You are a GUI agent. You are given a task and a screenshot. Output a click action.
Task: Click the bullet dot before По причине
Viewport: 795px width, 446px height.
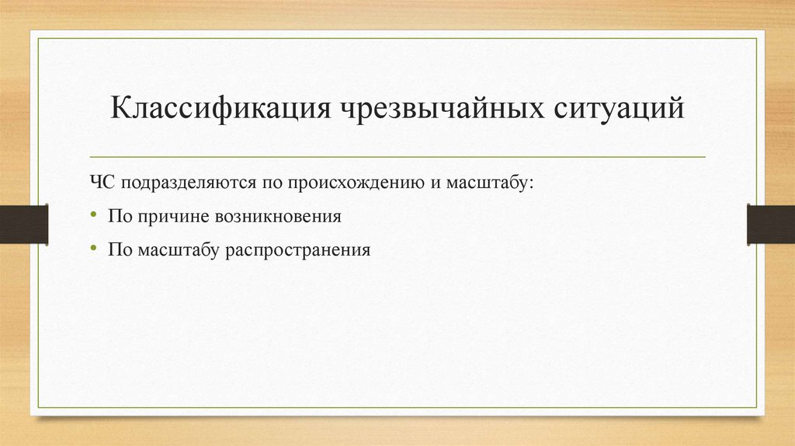pos(93,216)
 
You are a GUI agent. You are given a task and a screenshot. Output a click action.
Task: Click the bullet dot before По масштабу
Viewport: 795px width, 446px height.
pos(93,249)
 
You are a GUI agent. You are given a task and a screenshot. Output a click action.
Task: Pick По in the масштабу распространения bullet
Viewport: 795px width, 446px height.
pos(120,250)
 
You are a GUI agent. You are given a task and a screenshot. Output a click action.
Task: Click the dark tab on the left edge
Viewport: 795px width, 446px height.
pos(24,224)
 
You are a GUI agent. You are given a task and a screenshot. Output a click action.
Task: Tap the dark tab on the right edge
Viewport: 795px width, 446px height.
pos(770,224)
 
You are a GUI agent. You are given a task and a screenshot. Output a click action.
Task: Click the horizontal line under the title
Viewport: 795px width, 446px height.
pos(397,157)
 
